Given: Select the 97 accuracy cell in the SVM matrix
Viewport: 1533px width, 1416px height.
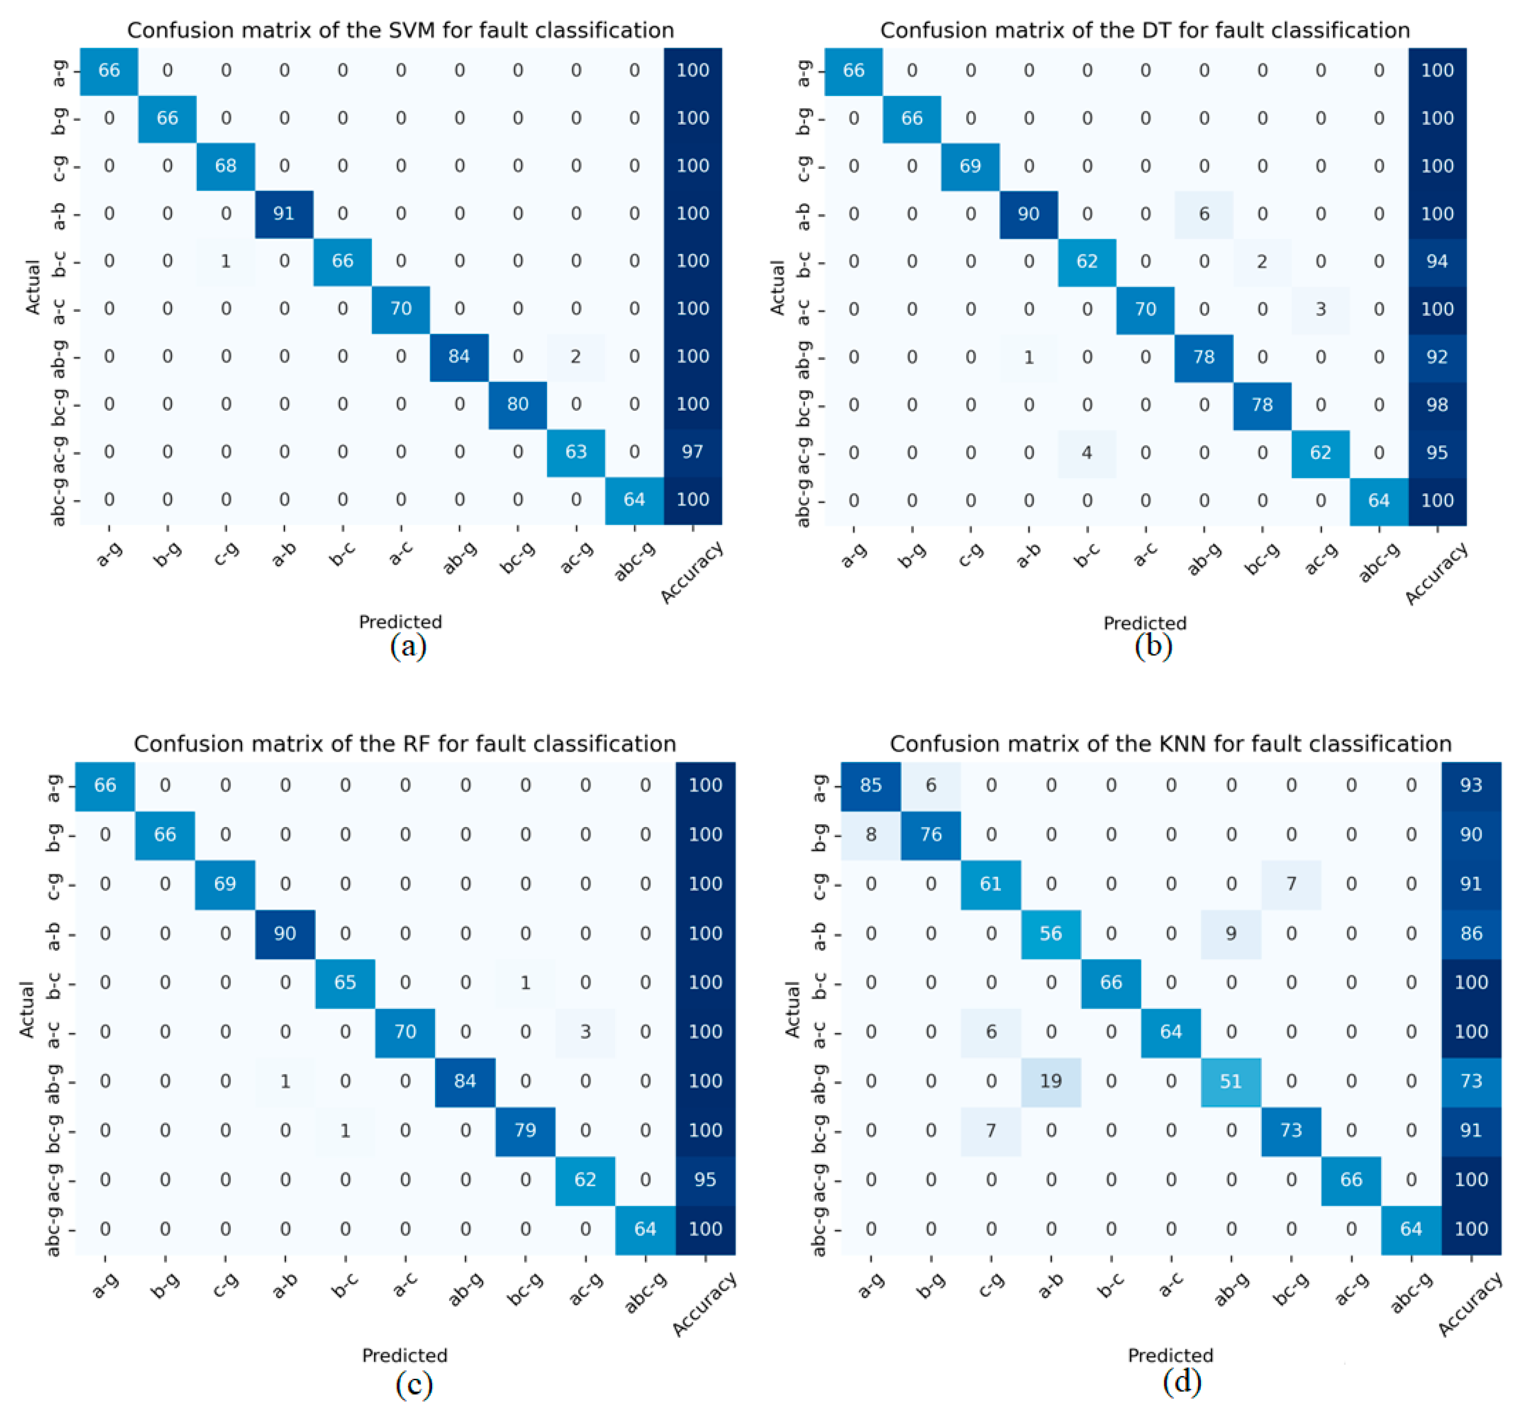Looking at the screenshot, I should click(693, 452).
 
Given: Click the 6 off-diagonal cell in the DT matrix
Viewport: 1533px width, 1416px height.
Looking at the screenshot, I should click(1204, 214).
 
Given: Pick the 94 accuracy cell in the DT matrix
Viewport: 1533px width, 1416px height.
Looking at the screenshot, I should click(1437, 261).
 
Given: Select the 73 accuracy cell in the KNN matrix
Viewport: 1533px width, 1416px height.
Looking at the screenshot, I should click(1471, 1082).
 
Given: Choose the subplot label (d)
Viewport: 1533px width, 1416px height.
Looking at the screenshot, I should click(1181, 1381).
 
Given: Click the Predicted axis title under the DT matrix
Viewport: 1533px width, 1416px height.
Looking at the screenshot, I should click(1145, 623).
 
